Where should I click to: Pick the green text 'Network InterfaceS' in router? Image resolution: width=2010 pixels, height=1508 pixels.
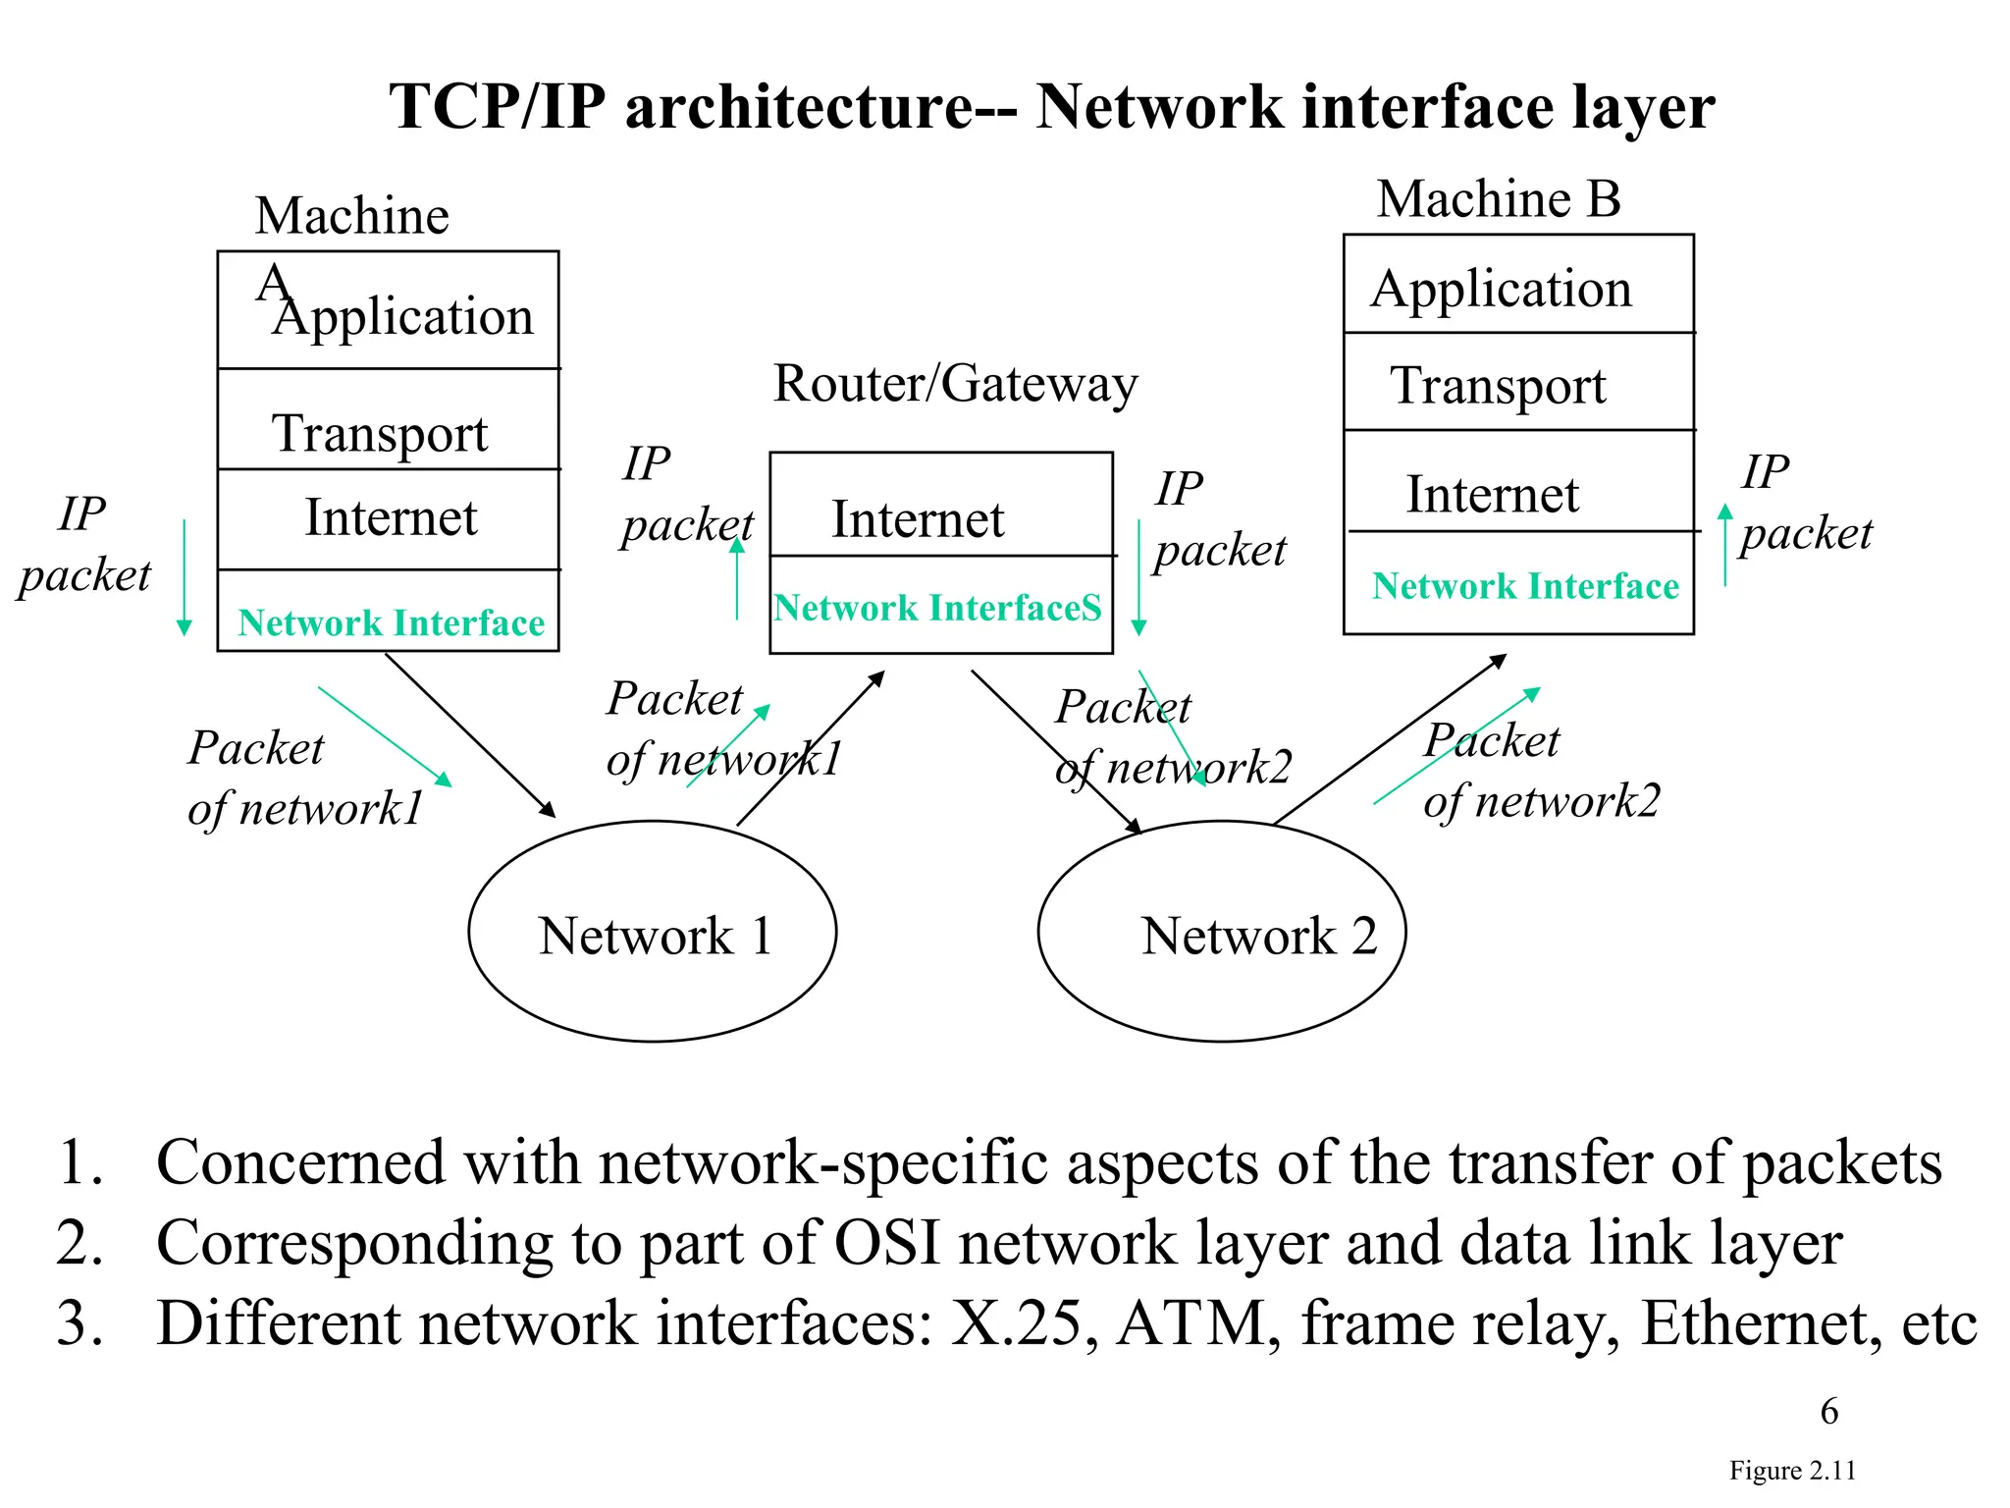coord(936,608)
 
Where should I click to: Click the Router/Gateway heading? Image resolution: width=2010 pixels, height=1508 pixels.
coord(954,383)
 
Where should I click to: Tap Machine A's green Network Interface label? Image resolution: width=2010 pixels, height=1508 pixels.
coord(391,622)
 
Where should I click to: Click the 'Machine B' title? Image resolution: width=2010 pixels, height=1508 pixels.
coord(1498,199)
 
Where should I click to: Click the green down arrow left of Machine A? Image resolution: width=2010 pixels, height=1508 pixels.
coord(184,579)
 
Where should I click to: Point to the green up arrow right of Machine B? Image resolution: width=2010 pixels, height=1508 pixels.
coord(1724,545)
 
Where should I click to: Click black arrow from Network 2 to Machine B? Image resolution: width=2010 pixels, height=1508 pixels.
coord(1389,738)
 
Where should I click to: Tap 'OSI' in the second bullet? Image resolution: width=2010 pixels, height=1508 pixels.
coord(887,1243)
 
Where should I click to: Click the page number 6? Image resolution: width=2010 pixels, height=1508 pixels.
coord(1828,1411)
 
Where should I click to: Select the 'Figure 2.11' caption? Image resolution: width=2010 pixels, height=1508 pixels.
coord(1792,1470)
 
